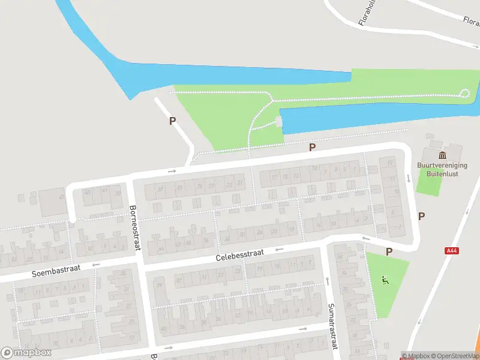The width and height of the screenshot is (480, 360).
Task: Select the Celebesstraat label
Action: (241, 257)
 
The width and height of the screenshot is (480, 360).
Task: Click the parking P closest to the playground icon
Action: (389, 252)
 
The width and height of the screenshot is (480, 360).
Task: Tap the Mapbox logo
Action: (26, 353)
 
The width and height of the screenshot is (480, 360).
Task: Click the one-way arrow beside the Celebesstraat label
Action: (279, 249)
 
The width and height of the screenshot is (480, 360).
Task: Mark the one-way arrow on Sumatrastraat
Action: (327, 281)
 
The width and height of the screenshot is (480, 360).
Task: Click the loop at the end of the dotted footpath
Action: (464, 92)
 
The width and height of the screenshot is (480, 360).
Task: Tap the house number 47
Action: (61, 197)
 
